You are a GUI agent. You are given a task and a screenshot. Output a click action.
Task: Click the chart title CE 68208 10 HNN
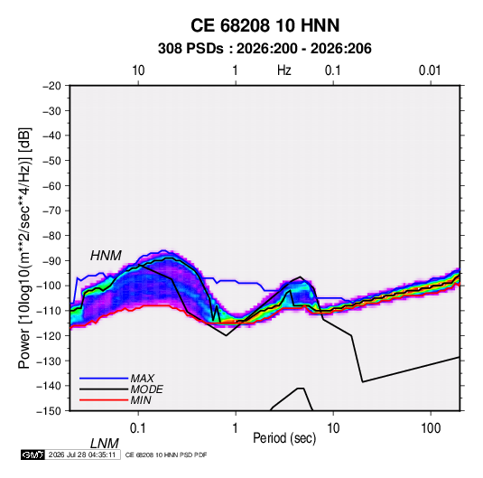coord(265,25)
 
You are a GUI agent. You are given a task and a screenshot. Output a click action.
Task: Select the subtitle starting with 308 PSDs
coord(265,49)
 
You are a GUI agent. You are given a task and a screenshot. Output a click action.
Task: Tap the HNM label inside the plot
coord(106,256)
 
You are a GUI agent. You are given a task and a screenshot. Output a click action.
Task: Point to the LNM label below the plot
coord(104,444)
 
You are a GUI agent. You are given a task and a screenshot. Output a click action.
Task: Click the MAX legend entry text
coord(143,378)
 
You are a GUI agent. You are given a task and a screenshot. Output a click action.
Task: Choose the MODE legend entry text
coord(146,389)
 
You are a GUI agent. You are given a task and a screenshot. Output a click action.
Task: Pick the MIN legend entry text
coord(141,400)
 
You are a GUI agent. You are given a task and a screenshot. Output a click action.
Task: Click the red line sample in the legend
coord(104,400)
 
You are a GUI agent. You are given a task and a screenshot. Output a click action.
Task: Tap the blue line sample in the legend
coord(104,378)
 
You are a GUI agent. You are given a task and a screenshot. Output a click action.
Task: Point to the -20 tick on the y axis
coord(51,86)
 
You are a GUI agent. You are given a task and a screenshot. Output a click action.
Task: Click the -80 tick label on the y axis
coord(51,236)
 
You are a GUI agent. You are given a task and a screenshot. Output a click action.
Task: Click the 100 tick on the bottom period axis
coord(431,428)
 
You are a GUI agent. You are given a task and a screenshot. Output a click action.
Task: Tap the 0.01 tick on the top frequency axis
coord(430,70)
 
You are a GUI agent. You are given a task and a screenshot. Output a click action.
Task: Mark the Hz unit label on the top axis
coord(284,70)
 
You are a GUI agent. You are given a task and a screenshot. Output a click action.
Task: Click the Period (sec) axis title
coord(284,438)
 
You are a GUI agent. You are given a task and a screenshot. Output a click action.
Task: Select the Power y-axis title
coord(24,248)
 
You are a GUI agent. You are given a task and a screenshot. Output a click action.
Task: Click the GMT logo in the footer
coord(33,455)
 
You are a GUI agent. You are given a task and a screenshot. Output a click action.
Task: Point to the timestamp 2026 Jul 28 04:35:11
coord(82,455)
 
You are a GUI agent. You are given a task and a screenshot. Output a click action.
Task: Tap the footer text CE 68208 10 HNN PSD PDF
coord(166,455)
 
